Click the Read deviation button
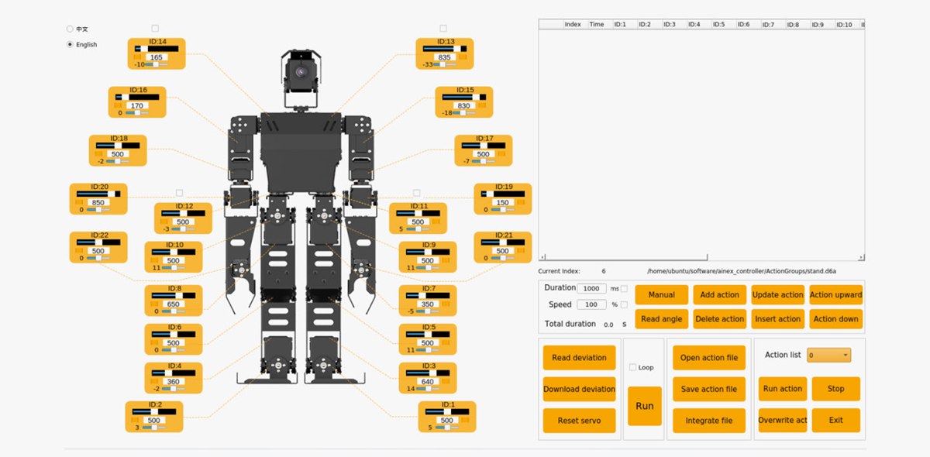(579, 358)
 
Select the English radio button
(71, 45)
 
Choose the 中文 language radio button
(71, 29)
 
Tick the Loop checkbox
(633, 367)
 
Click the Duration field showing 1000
(594, 288)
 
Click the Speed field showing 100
(591, 304)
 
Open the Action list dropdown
(828, 355)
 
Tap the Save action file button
(708, 389)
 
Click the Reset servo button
(579, 421)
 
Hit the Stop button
(835, 389)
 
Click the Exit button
(835, 421)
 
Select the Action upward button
(835, 294)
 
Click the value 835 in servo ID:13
(444, 58)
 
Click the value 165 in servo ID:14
(157, 58)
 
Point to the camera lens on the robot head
(300, 72)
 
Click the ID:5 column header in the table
(718, 25)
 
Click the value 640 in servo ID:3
(427, 382)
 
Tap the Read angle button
(661, 318)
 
